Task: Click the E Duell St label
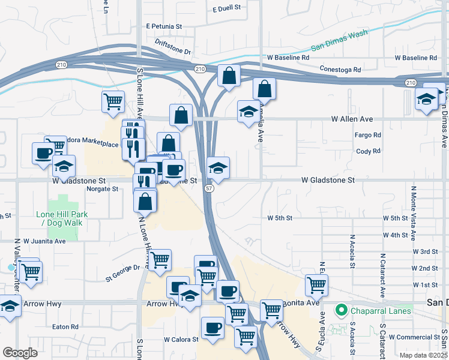point(226,9)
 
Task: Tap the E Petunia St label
point(164,26)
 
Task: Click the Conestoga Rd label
point(340,69)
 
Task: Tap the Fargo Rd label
point(368,136)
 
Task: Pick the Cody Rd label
point(368,151)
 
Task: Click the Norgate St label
point(103,189)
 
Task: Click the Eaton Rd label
point(65,327)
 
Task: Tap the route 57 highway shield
point(208,188)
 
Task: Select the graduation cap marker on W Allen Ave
point(249,111)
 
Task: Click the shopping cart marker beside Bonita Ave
point(271,310)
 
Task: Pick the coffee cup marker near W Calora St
point(212,328)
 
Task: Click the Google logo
point(20,353)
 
